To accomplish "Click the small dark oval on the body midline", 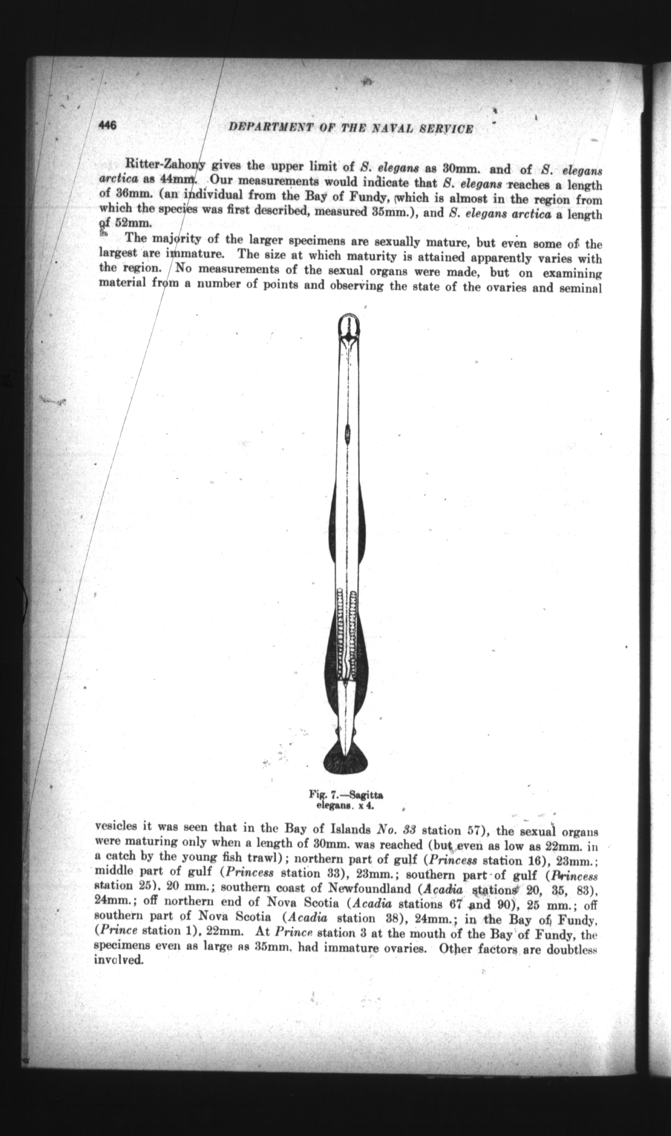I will tap(347, 434).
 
